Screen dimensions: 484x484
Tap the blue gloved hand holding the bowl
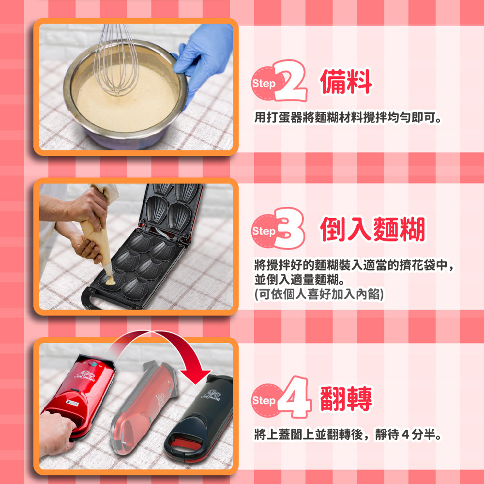point(202,57)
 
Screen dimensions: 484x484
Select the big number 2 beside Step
point(290,81)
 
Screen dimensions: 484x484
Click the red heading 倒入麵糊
point(373,229)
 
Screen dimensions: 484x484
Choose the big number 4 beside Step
point(294,397)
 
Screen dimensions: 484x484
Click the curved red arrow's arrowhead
point(196,375)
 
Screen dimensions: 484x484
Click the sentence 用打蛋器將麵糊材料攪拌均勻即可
point(348,118)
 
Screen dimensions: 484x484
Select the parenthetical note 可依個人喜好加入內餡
point(319,294)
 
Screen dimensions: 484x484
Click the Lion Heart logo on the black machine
point(212,395)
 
